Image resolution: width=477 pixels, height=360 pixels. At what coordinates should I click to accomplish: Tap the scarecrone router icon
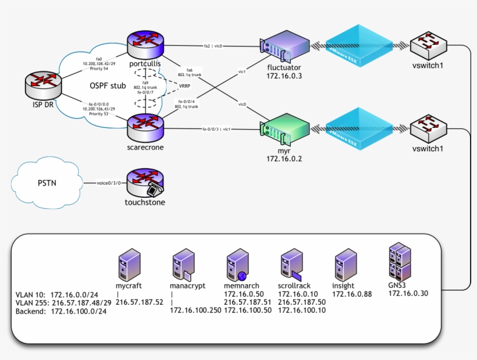pos(146,124)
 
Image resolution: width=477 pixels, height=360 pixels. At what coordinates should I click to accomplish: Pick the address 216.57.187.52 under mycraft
pos(138,302)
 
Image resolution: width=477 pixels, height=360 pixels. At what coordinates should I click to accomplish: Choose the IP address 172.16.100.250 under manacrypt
pos(195,311)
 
